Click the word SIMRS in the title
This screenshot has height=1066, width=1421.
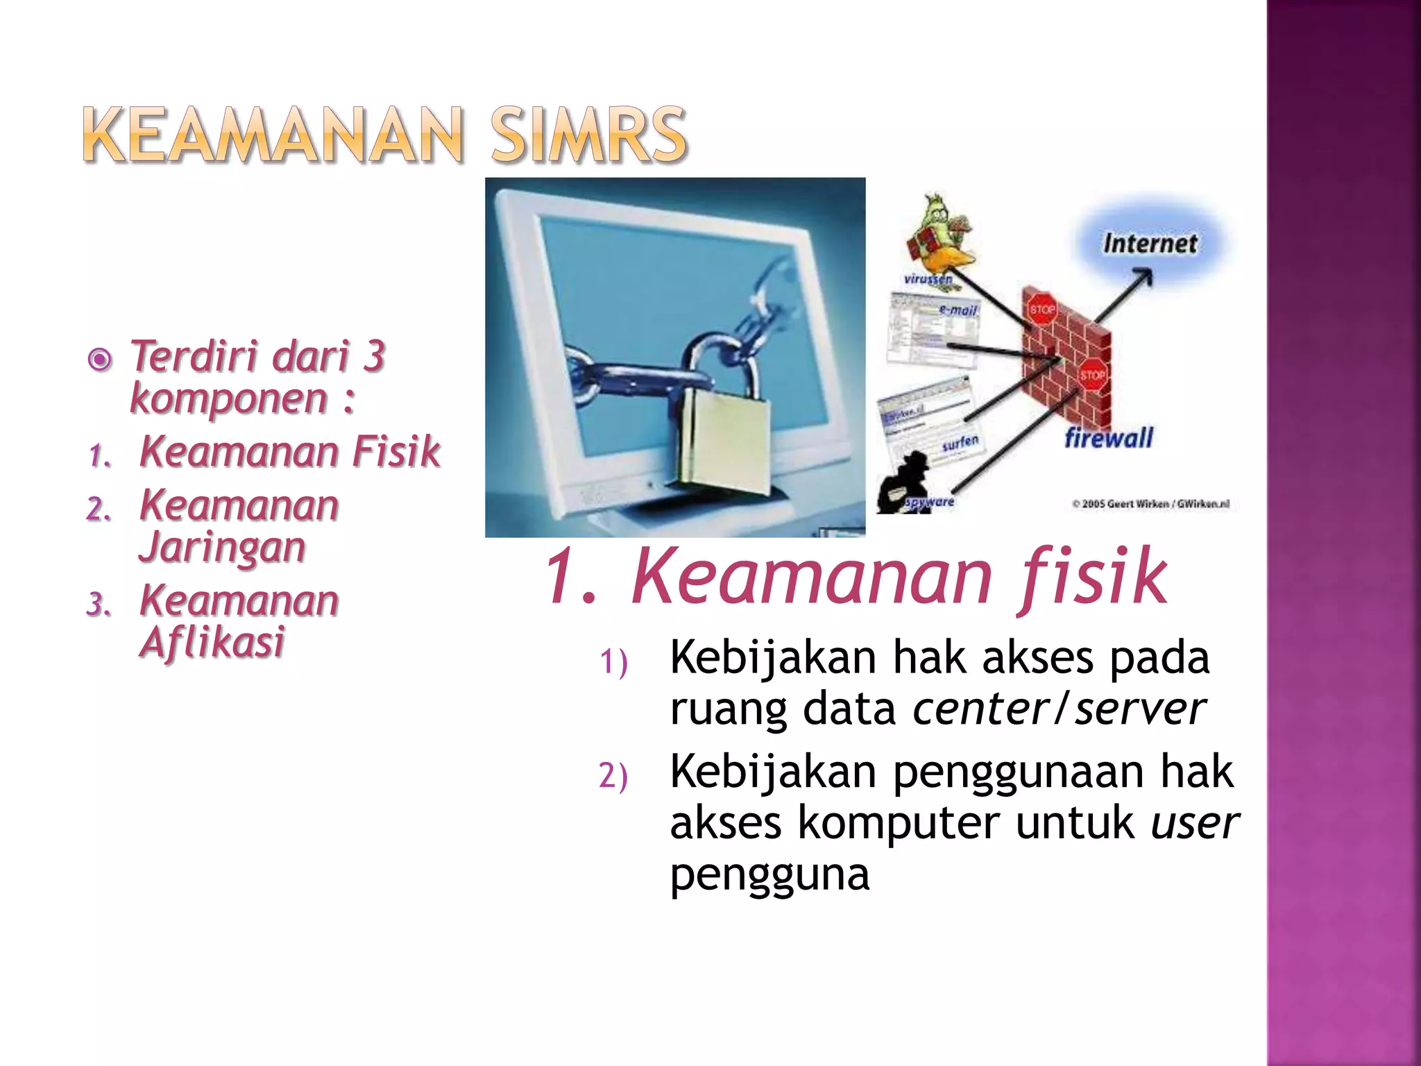588,135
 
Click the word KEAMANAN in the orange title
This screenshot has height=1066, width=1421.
272,135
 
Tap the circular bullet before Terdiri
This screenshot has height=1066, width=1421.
101,359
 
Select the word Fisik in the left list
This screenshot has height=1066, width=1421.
396,452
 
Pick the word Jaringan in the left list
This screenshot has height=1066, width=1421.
222,548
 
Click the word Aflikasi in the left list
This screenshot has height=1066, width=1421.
212,642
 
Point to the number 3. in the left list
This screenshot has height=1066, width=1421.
99,604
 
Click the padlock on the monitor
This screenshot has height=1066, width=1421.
722,437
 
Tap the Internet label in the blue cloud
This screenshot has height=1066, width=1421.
1150,244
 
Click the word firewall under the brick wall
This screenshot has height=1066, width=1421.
1109,439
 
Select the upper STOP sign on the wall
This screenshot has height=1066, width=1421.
1041,310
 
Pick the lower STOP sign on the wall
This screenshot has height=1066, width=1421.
1092,375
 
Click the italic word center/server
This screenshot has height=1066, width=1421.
1059,709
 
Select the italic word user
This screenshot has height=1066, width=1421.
1194,823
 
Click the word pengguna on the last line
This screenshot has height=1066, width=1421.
769,874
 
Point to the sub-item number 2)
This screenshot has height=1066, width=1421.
613,775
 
